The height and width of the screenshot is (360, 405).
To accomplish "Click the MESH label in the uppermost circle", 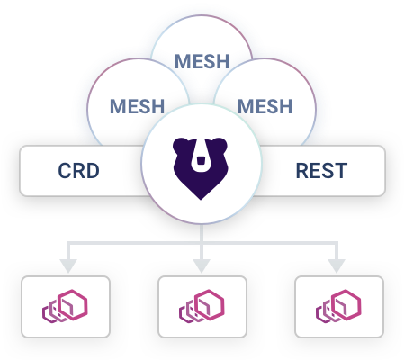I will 202,63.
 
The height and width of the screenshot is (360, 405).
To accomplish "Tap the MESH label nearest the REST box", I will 265,106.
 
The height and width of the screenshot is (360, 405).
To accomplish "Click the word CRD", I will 78,171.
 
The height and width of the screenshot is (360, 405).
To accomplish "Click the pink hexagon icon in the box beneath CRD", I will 66,306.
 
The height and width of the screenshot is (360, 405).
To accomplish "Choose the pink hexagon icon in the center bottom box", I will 202,306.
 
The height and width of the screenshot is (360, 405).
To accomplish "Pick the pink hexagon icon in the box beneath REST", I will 338,306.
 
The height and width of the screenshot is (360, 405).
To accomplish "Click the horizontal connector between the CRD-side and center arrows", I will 135,242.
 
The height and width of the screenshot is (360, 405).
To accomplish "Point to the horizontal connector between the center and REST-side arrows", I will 270,242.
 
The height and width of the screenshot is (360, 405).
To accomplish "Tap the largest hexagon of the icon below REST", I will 346,302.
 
